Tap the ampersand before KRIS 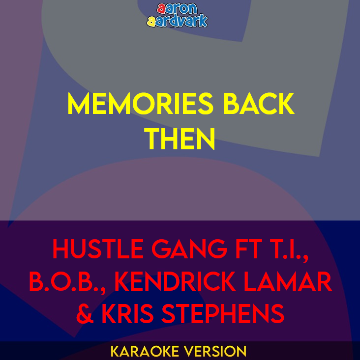click(85, 313)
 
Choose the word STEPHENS click(225, 313)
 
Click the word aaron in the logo click(177, 9)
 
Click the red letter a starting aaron click(161, 9)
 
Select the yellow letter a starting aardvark click(151, 21)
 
